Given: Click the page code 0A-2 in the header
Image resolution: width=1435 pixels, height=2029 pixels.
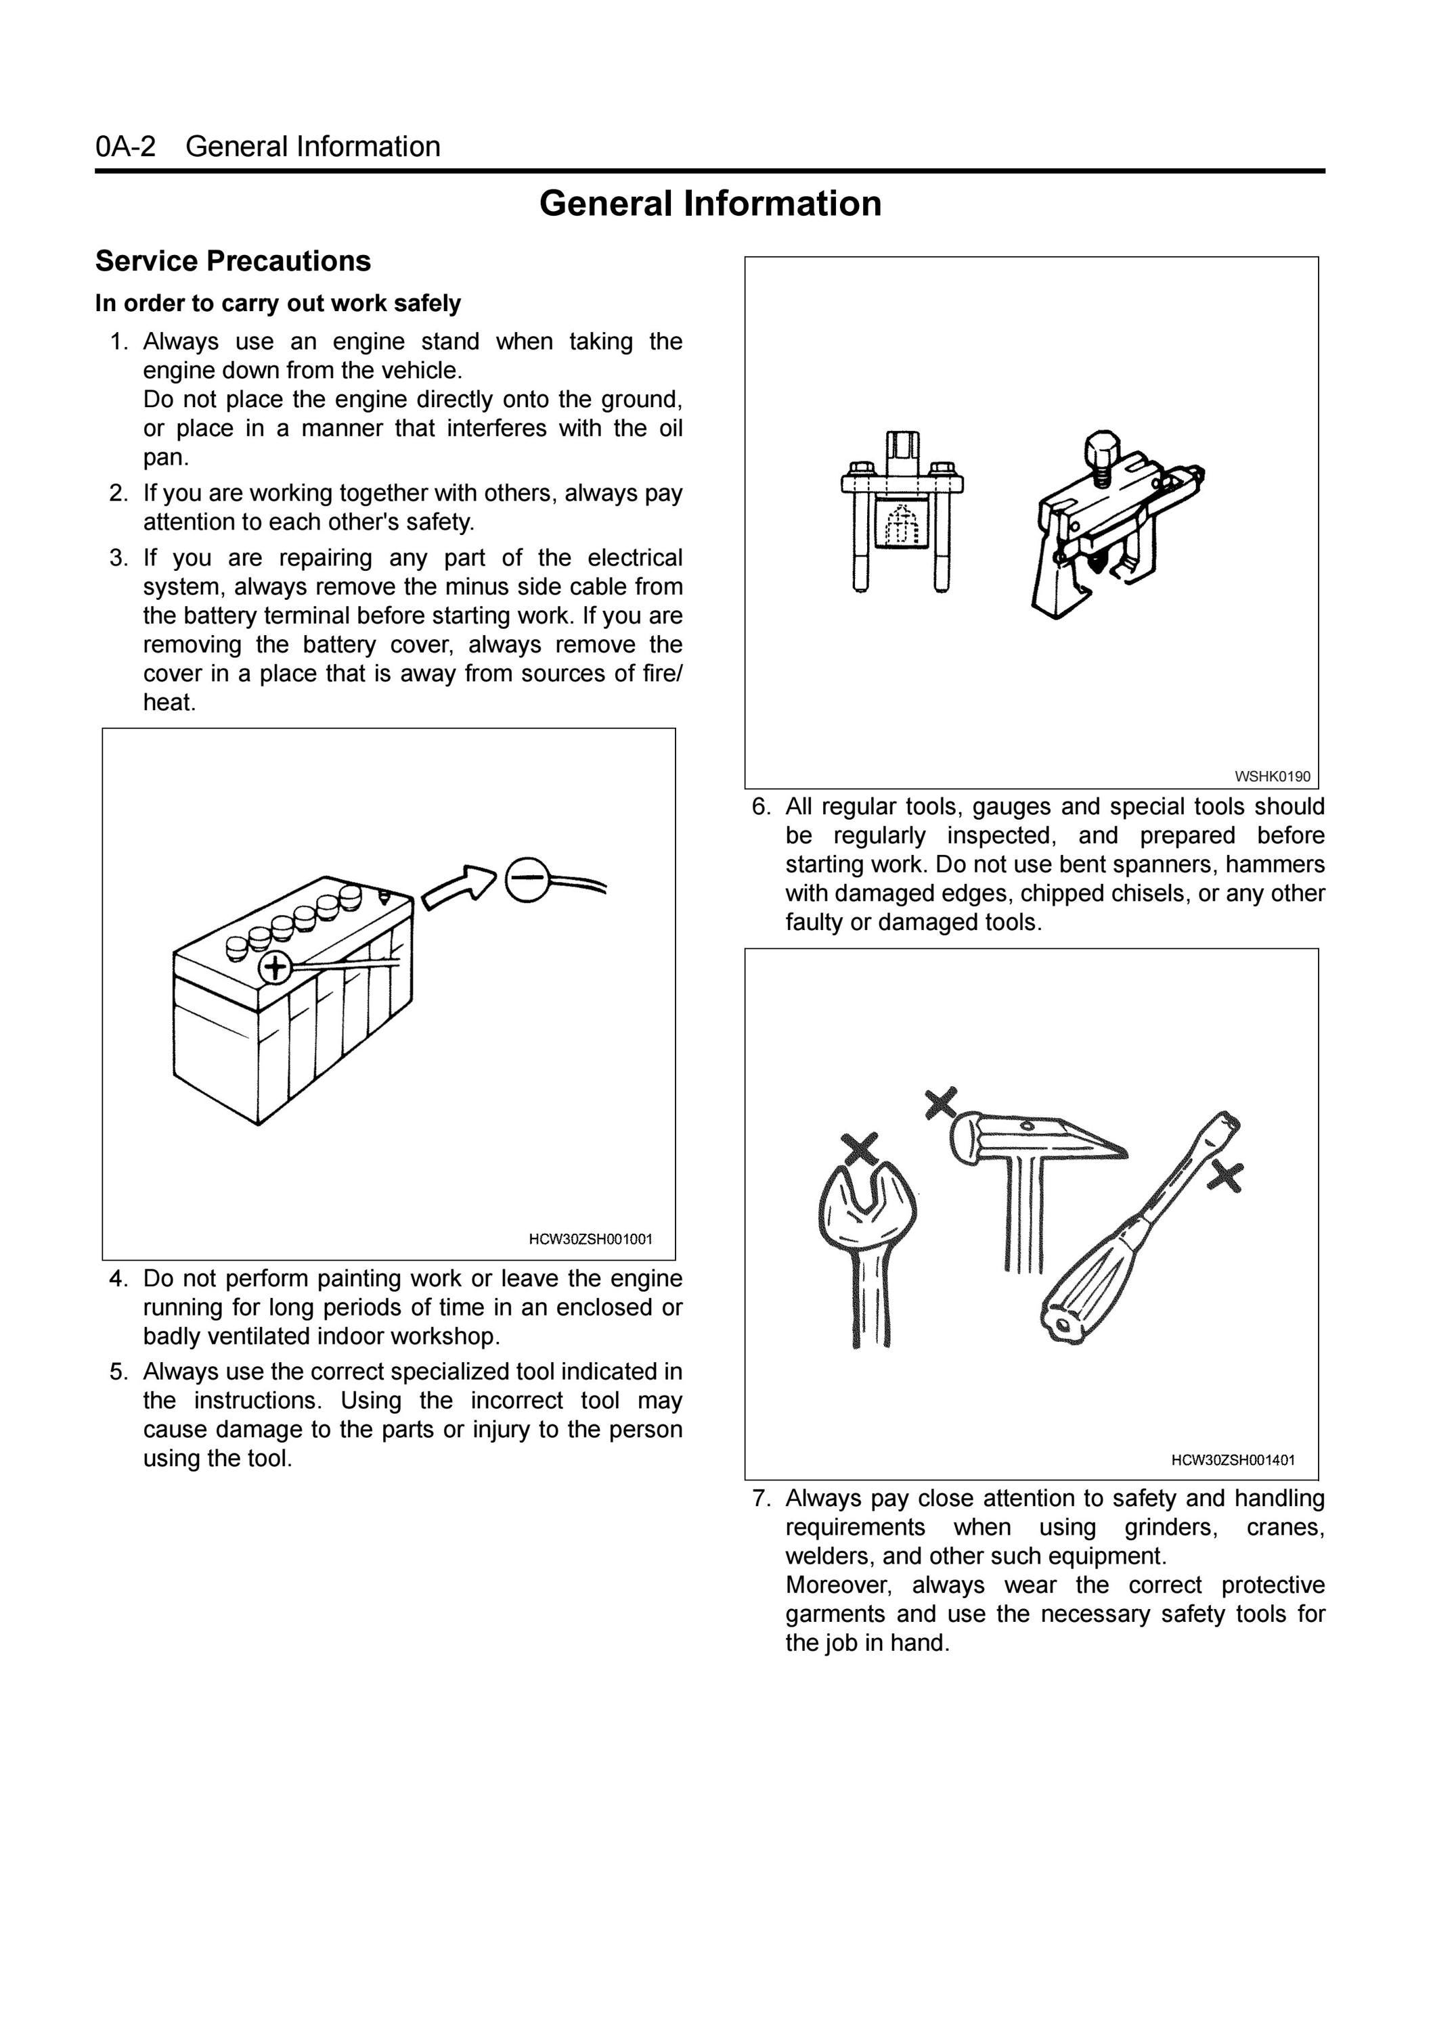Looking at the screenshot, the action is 125,147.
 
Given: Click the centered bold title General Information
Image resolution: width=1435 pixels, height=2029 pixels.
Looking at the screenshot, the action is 710,204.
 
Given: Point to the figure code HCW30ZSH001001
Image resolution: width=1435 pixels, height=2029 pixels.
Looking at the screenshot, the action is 591,1239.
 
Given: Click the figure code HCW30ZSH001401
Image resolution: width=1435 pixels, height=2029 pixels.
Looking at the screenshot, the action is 1233,1460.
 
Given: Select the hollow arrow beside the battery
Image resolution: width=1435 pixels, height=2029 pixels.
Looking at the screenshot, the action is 460,887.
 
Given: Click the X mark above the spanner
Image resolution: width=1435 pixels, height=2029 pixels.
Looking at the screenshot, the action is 860,1149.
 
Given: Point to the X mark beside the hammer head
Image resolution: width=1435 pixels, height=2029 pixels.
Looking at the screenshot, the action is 941,1103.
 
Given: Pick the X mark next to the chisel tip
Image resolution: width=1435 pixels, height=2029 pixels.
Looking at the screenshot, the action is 1225,1176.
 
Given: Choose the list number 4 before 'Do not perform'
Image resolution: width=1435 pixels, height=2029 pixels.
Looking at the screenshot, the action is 119,1279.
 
